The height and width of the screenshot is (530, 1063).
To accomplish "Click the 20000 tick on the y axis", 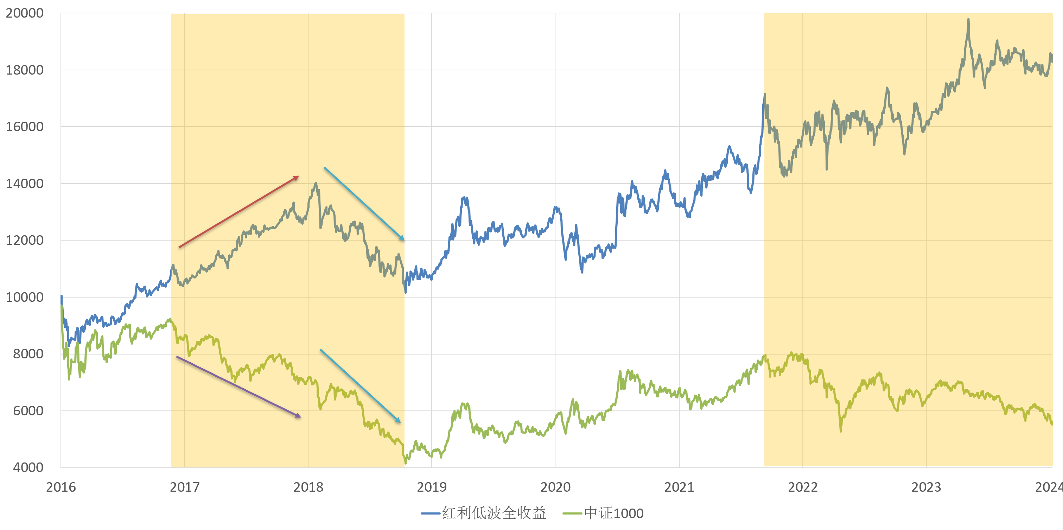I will point(24,13).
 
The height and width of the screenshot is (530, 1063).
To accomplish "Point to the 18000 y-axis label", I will point(24,70).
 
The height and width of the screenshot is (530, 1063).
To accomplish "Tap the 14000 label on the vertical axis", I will point(24,184).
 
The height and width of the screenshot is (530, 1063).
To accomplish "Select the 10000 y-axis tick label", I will point(24,297).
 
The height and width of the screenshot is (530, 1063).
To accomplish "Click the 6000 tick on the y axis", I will point(28,411).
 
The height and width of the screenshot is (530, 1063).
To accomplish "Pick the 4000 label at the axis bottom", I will point(28,467).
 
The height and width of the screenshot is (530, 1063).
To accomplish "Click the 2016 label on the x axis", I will point(61,487).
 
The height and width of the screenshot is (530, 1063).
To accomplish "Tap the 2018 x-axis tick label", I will point(308,487).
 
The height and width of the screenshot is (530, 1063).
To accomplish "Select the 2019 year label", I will point(432,487).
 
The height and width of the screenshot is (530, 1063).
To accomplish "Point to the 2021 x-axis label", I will point(679,487).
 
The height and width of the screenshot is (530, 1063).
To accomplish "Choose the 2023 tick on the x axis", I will point(926,487).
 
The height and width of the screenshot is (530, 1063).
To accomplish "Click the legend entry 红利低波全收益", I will point(494,513).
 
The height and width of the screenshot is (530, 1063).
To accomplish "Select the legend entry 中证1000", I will point(613,513).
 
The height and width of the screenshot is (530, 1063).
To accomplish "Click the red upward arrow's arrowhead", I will point(297,177).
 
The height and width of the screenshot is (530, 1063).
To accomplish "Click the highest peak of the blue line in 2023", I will point(968,19).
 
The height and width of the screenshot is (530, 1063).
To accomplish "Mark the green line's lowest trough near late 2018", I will point(405,463).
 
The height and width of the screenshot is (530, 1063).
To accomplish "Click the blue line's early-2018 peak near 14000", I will point(316,183).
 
